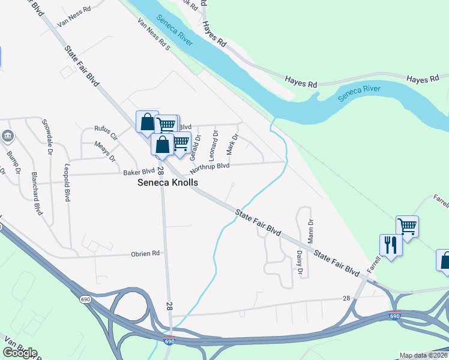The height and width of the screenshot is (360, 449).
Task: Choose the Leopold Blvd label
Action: click(67, 181)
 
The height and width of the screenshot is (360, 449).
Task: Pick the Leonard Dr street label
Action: click(213, 146)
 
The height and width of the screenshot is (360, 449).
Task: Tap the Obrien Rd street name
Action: click(145, 253)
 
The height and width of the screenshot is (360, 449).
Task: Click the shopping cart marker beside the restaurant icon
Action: click(407, 227)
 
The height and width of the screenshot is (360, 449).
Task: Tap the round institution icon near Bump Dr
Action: click(8, 136)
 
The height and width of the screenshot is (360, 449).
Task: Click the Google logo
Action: click(20, 352)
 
